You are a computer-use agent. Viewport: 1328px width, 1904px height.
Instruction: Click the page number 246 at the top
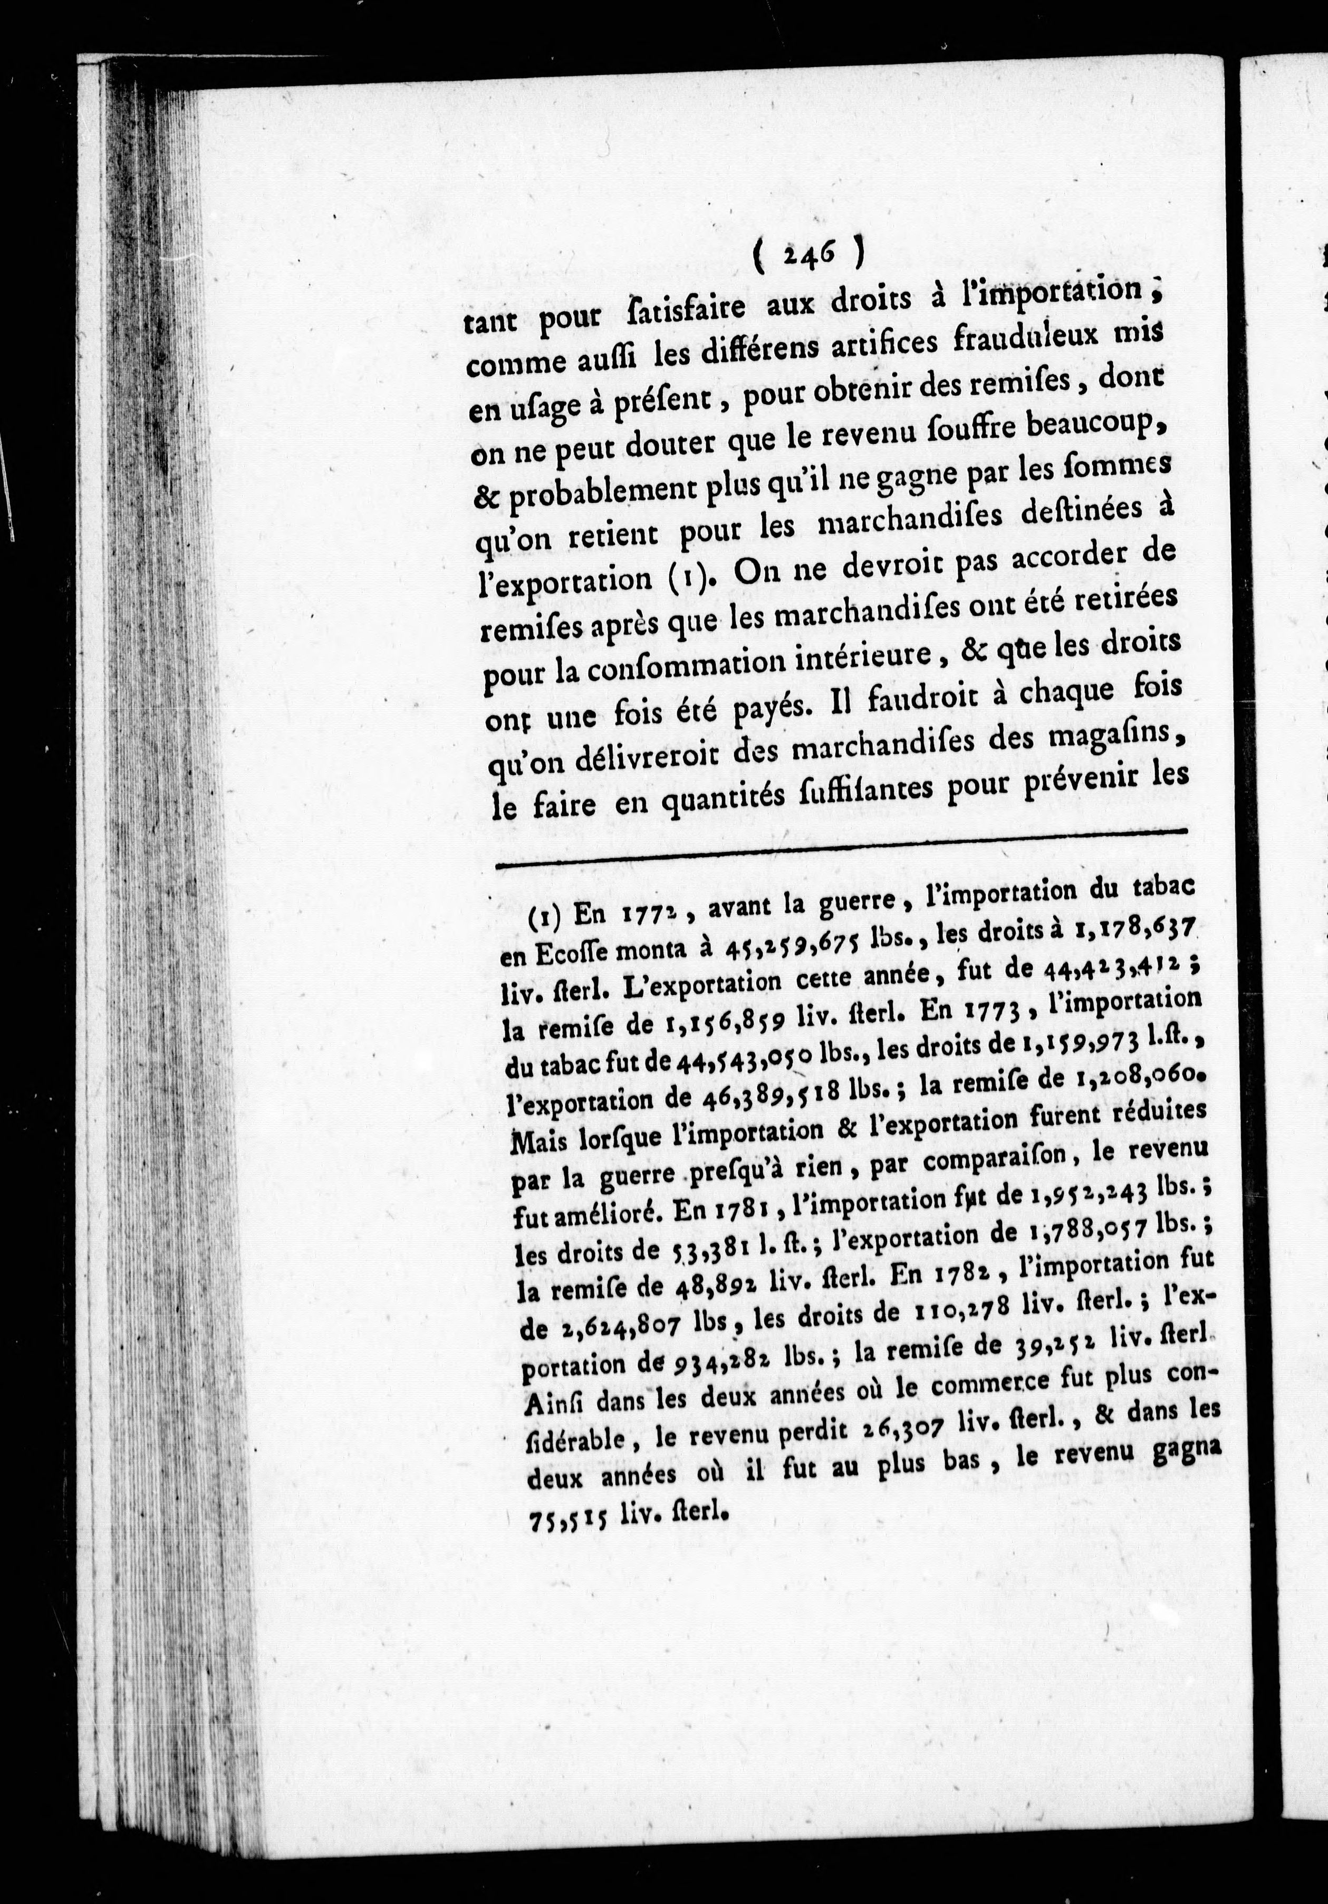pyautogui.click(x=808, y=251)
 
